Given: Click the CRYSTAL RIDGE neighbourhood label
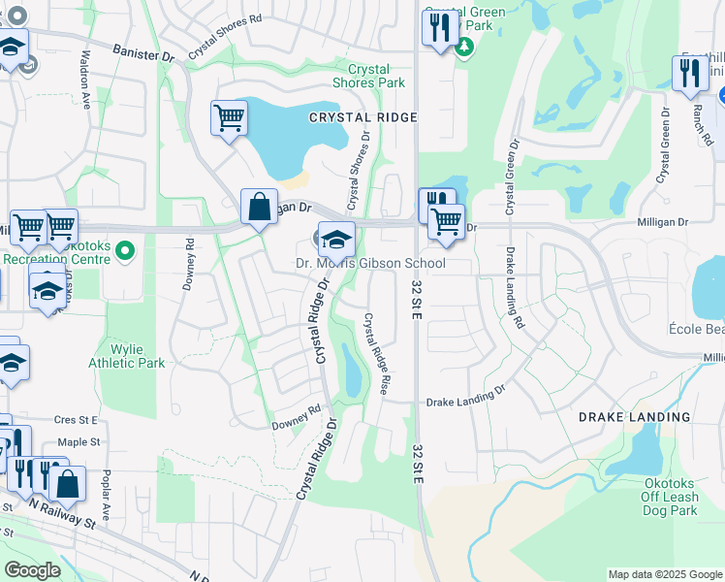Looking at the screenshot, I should pos(362,116).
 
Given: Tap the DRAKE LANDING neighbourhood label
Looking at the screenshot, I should pos(634,417).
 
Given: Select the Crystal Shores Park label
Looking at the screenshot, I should pos(368,77).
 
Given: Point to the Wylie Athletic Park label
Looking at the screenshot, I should pos(124,356).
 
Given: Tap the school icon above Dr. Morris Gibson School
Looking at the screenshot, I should pos(336,238).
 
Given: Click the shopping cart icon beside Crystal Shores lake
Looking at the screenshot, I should pos(229,118).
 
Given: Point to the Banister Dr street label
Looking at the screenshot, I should pos(142,52).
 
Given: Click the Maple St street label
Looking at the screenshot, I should pos(78,441).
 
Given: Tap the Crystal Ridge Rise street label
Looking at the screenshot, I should pos(376,353).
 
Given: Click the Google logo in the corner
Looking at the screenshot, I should pos(33,570).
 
